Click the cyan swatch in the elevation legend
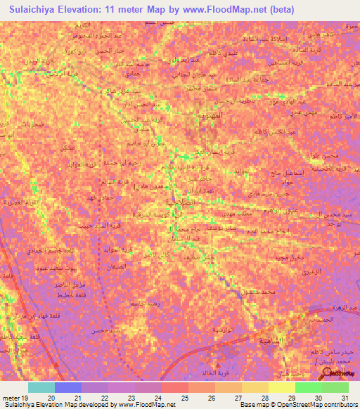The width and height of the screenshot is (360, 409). [41, 387]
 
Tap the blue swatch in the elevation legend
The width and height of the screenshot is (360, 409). [68, 387]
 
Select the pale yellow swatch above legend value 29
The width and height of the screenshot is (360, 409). [281, 387]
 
